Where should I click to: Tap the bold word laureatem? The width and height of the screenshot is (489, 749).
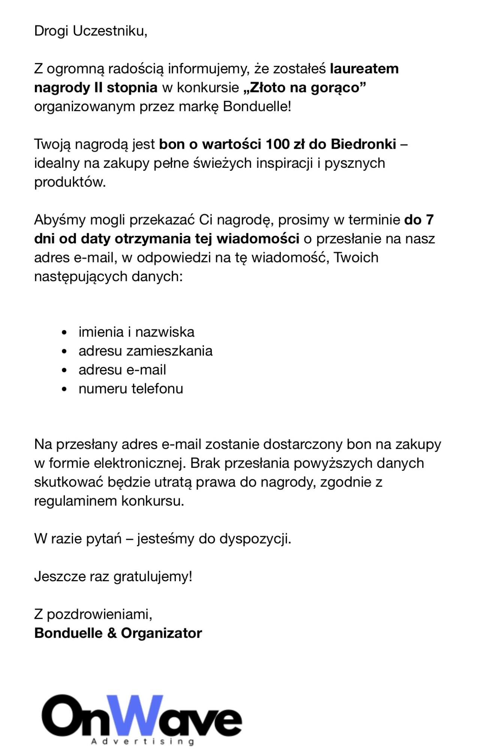click(364, 69)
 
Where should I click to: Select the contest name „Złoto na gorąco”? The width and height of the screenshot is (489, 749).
click(304, 88)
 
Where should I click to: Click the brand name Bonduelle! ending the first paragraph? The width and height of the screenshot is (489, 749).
click(257, 107)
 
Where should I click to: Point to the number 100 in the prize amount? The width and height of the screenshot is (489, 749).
click(278, 144)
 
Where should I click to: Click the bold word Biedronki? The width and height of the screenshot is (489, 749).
click(363, 144)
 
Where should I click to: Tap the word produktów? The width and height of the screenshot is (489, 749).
click(70, 182)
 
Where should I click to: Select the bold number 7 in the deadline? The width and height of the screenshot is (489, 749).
click(429, 220)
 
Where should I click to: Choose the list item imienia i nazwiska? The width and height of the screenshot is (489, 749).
click(136, 332)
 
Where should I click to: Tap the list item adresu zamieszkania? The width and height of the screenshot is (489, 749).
click(145, 351)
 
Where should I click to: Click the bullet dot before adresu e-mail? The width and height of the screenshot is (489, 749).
click(64, 370)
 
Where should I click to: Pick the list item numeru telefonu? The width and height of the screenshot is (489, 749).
click(131, 389)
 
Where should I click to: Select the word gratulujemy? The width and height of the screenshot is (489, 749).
click(153, 576)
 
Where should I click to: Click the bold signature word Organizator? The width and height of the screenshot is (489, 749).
click(161, 633)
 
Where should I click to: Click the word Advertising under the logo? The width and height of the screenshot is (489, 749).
click(143, 741)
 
